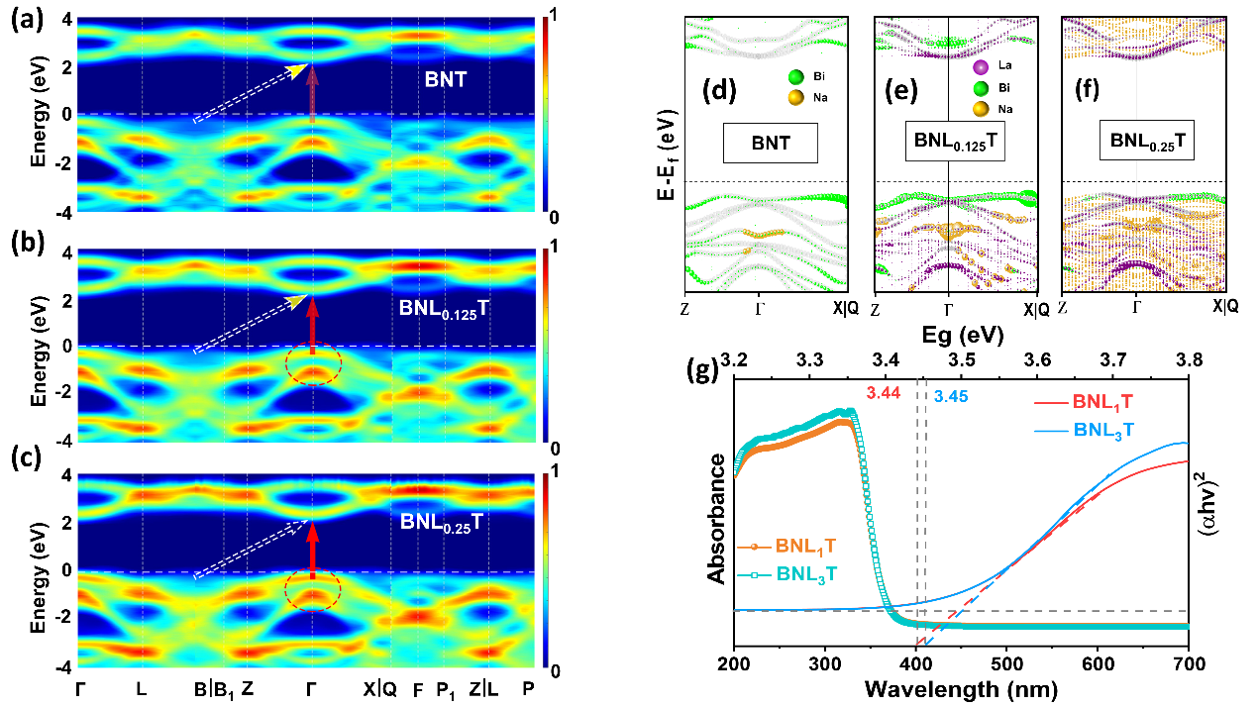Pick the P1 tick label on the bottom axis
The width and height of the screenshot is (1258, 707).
[448, 690]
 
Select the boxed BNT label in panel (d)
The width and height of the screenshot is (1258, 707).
[770, 143]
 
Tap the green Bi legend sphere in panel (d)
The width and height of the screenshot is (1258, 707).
[793, 75]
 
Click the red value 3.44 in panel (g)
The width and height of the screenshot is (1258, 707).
[881, 394]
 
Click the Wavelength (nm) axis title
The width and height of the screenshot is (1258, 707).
[961, 687]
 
